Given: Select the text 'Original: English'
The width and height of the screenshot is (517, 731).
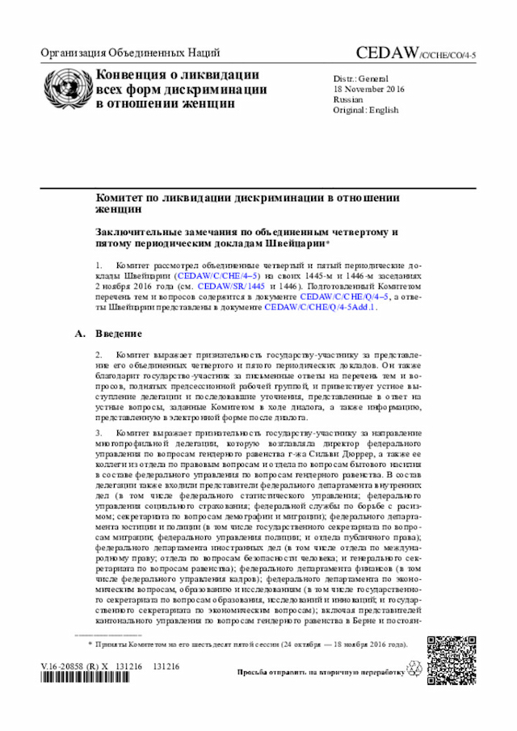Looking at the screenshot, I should tap(366, 110).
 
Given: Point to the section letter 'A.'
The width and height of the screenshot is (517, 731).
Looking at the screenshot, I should tap(79, 334).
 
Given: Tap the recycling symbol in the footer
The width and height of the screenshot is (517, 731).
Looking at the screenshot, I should tap(416, 670).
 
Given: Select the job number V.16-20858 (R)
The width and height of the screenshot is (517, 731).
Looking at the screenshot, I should tap(69, 666).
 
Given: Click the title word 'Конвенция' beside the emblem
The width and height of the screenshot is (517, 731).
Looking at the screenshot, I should tap(130, 75).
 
